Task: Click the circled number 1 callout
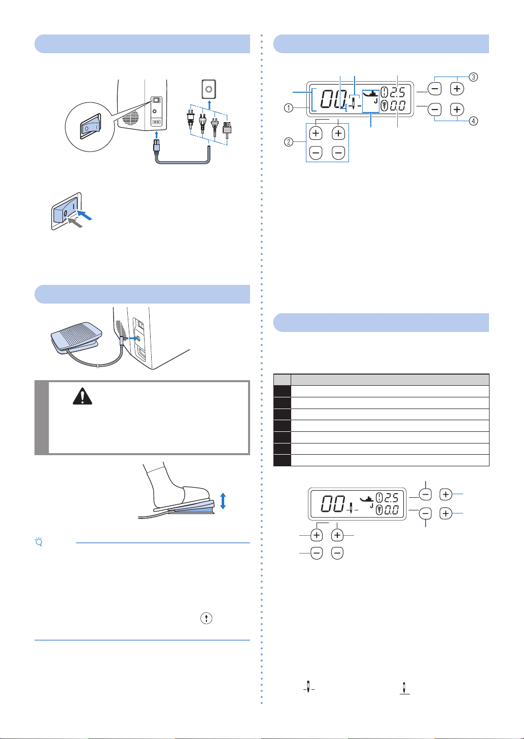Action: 288,108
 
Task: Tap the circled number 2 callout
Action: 288,142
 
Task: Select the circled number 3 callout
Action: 473,77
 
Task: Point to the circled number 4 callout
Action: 473,121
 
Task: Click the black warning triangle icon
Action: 82,396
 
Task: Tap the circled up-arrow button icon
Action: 206,618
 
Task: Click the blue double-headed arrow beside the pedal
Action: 223,500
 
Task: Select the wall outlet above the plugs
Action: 208,89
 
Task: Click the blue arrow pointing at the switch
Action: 85,215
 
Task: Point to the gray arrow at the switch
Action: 75,222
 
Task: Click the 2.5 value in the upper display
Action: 397,92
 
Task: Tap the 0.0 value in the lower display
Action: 397,105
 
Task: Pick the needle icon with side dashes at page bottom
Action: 309,687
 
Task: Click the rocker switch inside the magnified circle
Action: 90,126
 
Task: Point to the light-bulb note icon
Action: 39,542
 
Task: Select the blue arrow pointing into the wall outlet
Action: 209,105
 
